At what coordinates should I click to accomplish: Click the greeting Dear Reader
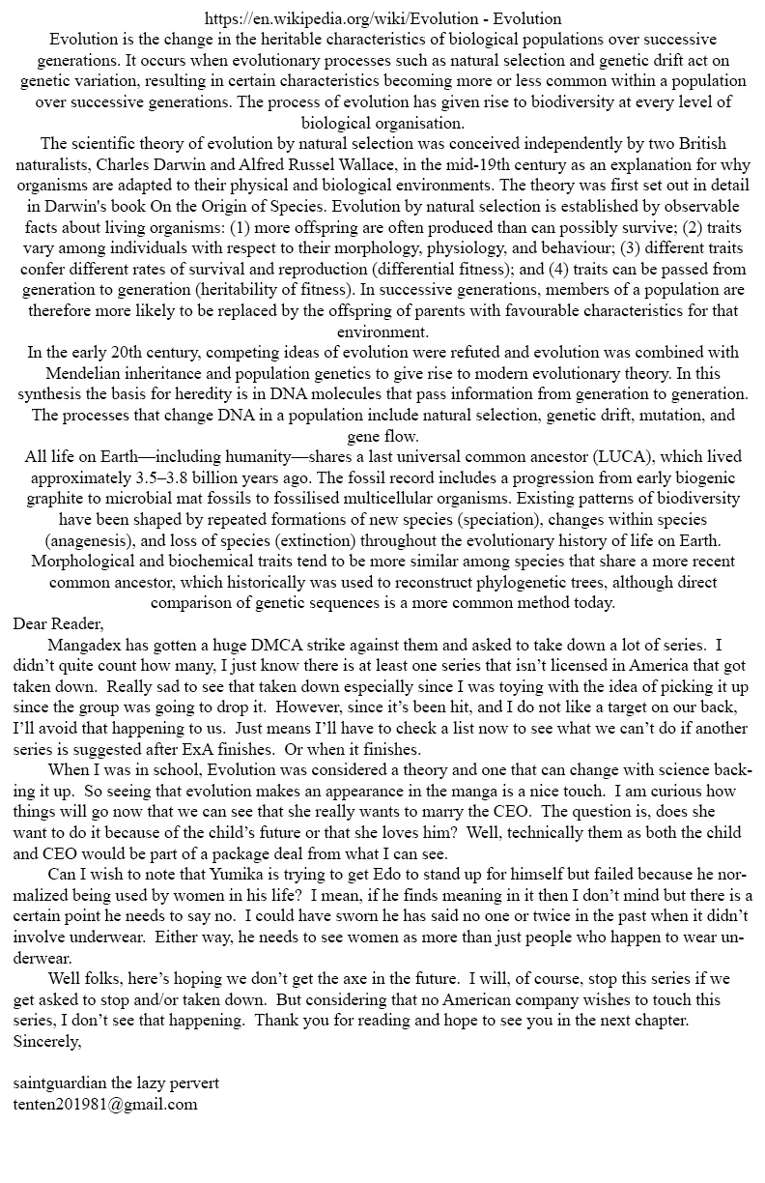tap(59, 624)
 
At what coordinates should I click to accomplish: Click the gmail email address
tap(105, 1105)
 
